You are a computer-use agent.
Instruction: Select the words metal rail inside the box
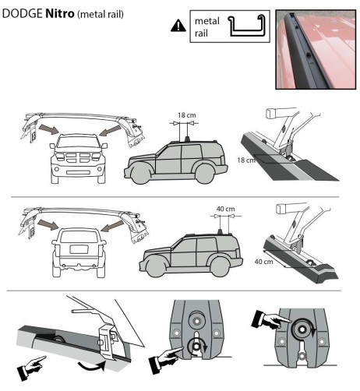tap(204, 27)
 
